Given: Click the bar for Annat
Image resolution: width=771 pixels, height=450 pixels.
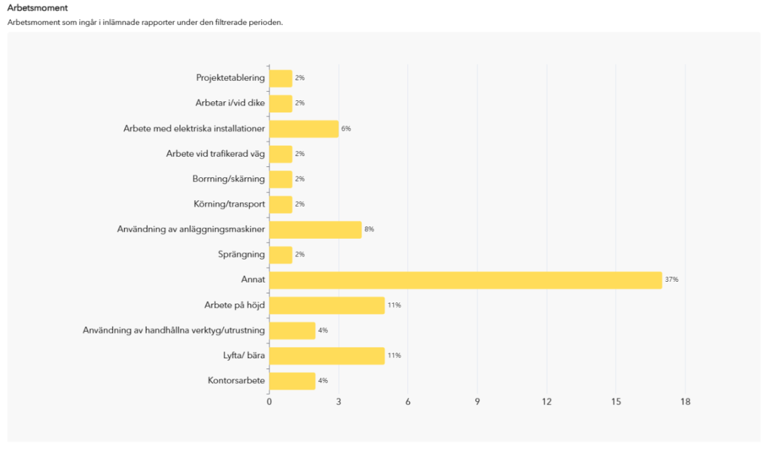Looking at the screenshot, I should pyautogui.click(x=465, y=280).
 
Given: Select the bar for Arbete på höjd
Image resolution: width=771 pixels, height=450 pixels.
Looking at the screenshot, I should pyautogui.click(x=326, y=305).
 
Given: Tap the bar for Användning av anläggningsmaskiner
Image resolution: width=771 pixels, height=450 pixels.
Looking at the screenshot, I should pyautogui.click(x=315, y=229).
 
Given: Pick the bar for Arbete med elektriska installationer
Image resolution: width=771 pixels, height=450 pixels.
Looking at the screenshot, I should pyautogui.click(x=303, y=128).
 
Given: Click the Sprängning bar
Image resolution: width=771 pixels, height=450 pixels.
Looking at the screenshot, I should pyautogui.click(x=280, y=254).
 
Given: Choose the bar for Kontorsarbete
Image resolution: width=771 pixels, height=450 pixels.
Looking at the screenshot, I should pyautogui.click(x=292, y=381).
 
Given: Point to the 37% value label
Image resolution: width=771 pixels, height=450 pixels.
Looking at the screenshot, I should pyautogui.click(x=671, y=280).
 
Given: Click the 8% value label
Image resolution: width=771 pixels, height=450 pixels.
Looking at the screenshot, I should pyautogui.click(x=369, y=229).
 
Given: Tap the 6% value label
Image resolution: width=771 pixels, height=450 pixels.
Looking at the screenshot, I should pyautogui.click(x=346, y=128).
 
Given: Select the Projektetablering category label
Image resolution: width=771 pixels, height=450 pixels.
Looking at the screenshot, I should pyautogui.click(x=230, y=78).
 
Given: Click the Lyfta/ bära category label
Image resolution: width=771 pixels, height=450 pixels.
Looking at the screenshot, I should pyautogui.click(x=240, y=355).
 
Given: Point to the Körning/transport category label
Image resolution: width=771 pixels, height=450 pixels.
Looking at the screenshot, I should pyautogui.click(x=229, y=204).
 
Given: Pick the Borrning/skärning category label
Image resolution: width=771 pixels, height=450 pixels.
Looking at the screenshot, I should pyautogui.click(x=228, y=178).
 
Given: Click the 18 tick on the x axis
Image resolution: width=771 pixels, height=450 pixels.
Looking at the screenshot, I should pyautogui.click(x=685, y=402).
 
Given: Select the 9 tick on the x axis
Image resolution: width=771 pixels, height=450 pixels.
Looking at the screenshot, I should pyautogui.click(x=477, y=402).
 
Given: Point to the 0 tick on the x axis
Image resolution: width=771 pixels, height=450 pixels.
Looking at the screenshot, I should pyautogui.click(x=269, y=402).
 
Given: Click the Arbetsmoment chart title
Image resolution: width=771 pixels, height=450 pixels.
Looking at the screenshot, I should pyautogui.click(x=37, y=8).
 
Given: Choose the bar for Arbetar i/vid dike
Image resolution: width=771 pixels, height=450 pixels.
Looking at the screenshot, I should pyautogui.click(x=280, y=103).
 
